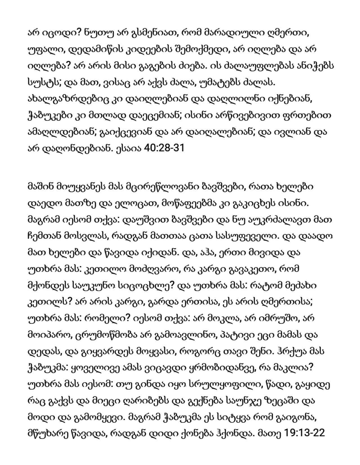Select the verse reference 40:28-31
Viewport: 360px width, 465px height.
[164, 148]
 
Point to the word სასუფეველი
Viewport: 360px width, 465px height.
[243, 236]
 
